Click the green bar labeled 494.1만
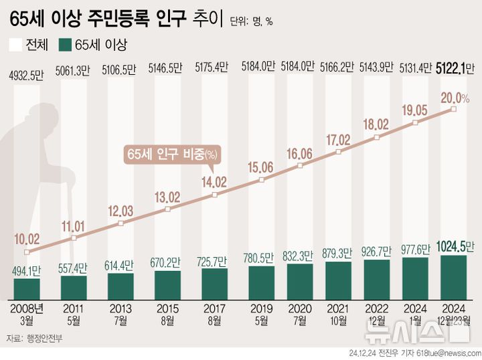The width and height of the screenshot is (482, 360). (27, 288)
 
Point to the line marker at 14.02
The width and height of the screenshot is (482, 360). (214, 195)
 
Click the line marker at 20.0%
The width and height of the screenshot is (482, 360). (454, 108)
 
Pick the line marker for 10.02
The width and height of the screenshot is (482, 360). (27, 252)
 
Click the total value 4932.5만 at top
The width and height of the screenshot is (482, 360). (27, 68)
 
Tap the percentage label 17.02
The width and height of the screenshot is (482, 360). (339, 140)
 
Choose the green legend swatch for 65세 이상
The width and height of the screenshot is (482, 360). (65, 45)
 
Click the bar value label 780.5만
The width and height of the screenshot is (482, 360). (261, 257)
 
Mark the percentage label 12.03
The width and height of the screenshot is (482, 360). (120, 210)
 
